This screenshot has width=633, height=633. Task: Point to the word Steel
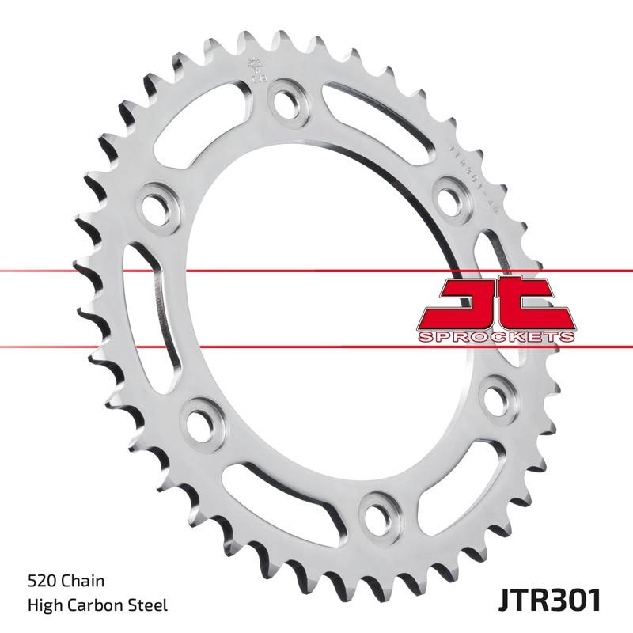[150, 606]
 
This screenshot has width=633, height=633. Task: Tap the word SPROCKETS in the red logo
[494, 337]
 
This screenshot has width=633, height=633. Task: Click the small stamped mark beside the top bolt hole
[255, 71]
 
